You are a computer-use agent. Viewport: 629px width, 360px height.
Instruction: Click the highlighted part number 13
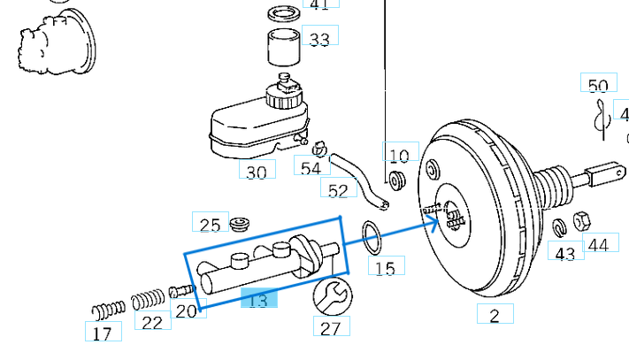click(258, 301)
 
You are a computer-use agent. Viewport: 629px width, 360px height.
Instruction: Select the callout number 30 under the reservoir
click(256, 172)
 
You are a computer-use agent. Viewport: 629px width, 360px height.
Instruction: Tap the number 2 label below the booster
click(495, 315)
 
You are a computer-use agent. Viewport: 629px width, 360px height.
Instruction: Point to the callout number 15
click(385, 267)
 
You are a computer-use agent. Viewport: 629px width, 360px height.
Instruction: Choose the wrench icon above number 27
click(332, 295)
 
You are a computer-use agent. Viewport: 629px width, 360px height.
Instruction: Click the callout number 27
click(330, 327)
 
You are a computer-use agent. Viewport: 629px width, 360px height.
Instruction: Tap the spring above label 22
click(149, 301)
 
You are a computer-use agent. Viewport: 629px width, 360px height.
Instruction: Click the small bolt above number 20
click(180, 290)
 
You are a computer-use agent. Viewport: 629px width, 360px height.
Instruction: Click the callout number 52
click(338, 189)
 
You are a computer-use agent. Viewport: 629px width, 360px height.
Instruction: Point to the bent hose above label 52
click(358, 180)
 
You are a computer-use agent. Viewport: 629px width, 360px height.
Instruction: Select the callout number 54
click(311, 167)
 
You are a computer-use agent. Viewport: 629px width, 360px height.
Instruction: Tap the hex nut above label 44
click(583, 220)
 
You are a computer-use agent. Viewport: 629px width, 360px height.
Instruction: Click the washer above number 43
click(558, 228)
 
